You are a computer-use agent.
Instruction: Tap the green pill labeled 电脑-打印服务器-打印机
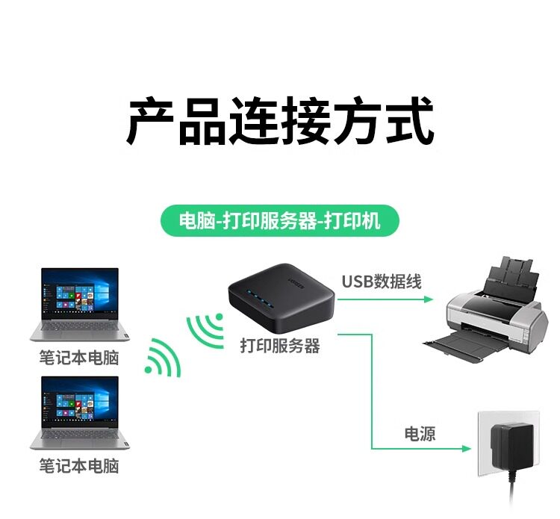(x=280, y=222)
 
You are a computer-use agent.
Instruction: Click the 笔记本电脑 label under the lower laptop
(x=78, y=466)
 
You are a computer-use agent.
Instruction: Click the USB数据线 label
(x=382, y=282)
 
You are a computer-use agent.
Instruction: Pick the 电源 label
(x=420, y=434)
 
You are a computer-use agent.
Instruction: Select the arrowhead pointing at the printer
(x=429, y=299)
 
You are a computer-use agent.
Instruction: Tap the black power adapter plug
(x=515, y=444)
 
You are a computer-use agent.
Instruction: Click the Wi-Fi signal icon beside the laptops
(x=164, y=356)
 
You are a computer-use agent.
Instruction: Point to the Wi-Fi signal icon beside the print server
(x=205, y=329)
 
